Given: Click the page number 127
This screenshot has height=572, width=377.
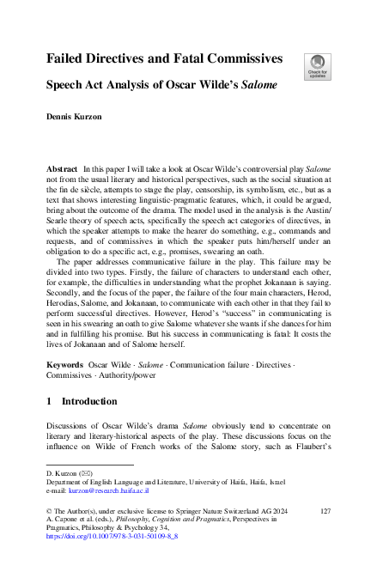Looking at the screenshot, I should coord(325,510).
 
